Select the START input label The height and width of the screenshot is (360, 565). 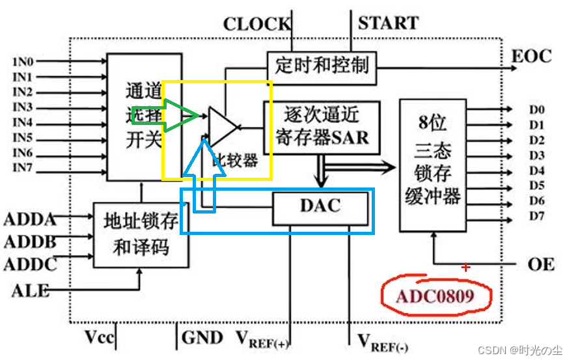pos(388,23)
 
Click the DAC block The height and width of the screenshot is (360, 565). pos(320,206)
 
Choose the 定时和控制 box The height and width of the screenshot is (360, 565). pos(322,66)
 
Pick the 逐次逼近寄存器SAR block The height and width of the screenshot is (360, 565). pos(322,127)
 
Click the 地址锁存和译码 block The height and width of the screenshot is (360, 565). pos(141,234)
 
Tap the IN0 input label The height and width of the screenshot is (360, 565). pos(23,62)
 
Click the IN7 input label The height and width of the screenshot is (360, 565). pos(23,169)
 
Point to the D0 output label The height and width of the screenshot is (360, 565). pos(536,109)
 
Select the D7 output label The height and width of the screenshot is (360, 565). pos(536,215)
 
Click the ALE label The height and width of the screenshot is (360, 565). pos(30,290)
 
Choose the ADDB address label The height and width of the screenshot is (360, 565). pos(29,242)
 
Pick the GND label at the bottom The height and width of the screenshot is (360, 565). pos(202,337)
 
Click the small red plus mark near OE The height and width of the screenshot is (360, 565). pos(465,267)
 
